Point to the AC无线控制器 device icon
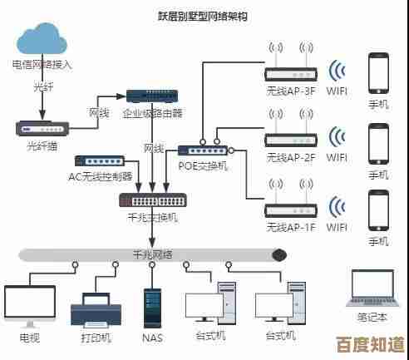point(100,160)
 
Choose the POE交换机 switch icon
point(202,150)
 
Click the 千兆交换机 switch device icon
point(152,200)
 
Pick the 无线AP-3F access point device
point(291,74)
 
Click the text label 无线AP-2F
point(291,157)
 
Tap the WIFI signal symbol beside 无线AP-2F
point(337,138)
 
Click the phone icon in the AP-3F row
point(378,73)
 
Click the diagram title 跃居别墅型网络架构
point(202,16)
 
